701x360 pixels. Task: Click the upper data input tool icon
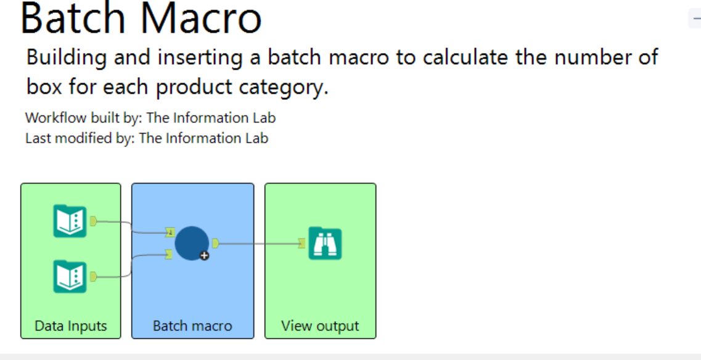point(70,221)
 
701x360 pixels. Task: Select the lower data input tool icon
point(70,276)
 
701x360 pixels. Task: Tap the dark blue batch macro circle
point(192,243)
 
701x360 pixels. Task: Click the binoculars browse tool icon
point(325,243)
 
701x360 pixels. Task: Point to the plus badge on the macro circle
point(204,256)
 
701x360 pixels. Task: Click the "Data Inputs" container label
point(71,325)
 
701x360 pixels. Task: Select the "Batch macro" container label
point(192,325)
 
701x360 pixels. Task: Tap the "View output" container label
point(320,325)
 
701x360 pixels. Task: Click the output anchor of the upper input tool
point(93,221)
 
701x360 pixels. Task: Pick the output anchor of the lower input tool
point(93,277)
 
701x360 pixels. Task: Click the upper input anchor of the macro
point(170,232)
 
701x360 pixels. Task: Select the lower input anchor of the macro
point(170,255)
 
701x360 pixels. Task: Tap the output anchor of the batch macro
point(216,243)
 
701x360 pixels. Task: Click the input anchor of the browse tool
point(301,243)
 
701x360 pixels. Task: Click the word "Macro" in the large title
point(202,18)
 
